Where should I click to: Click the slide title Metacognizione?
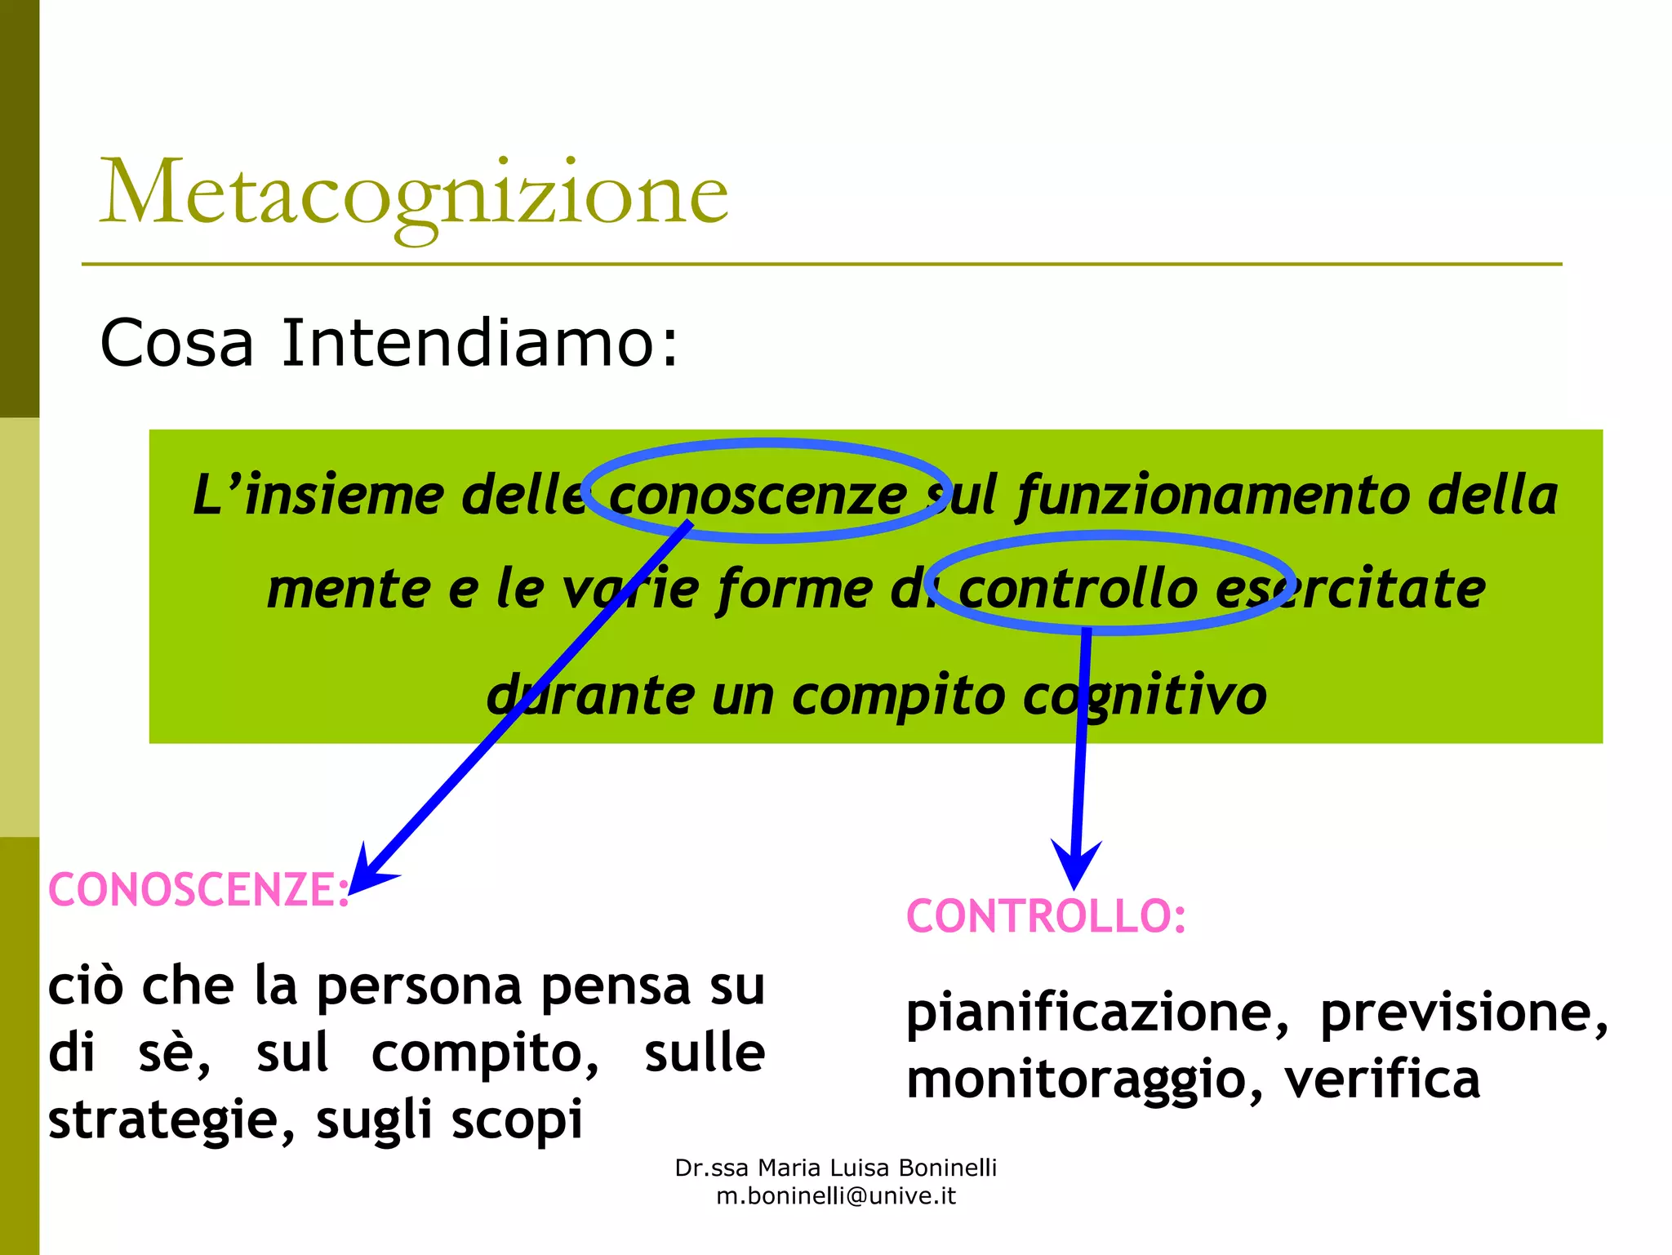(413, 194)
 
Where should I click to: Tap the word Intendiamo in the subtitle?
(479, 343)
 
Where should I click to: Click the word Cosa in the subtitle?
(176, 343)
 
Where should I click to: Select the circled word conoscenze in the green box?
(758, 495)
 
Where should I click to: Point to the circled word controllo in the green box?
(1077, 589)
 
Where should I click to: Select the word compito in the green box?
(898, 696)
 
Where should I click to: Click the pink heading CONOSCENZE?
(198, 889)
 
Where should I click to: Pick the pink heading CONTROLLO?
(1046, 916)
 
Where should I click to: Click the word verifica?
(1381, 1079)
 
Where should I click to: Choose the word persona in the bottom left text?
(419, 986)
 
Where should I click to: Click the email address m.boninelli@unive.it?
(836, 1196)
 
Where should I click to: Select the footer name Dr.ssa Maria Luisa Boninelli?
(836, 1168)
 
